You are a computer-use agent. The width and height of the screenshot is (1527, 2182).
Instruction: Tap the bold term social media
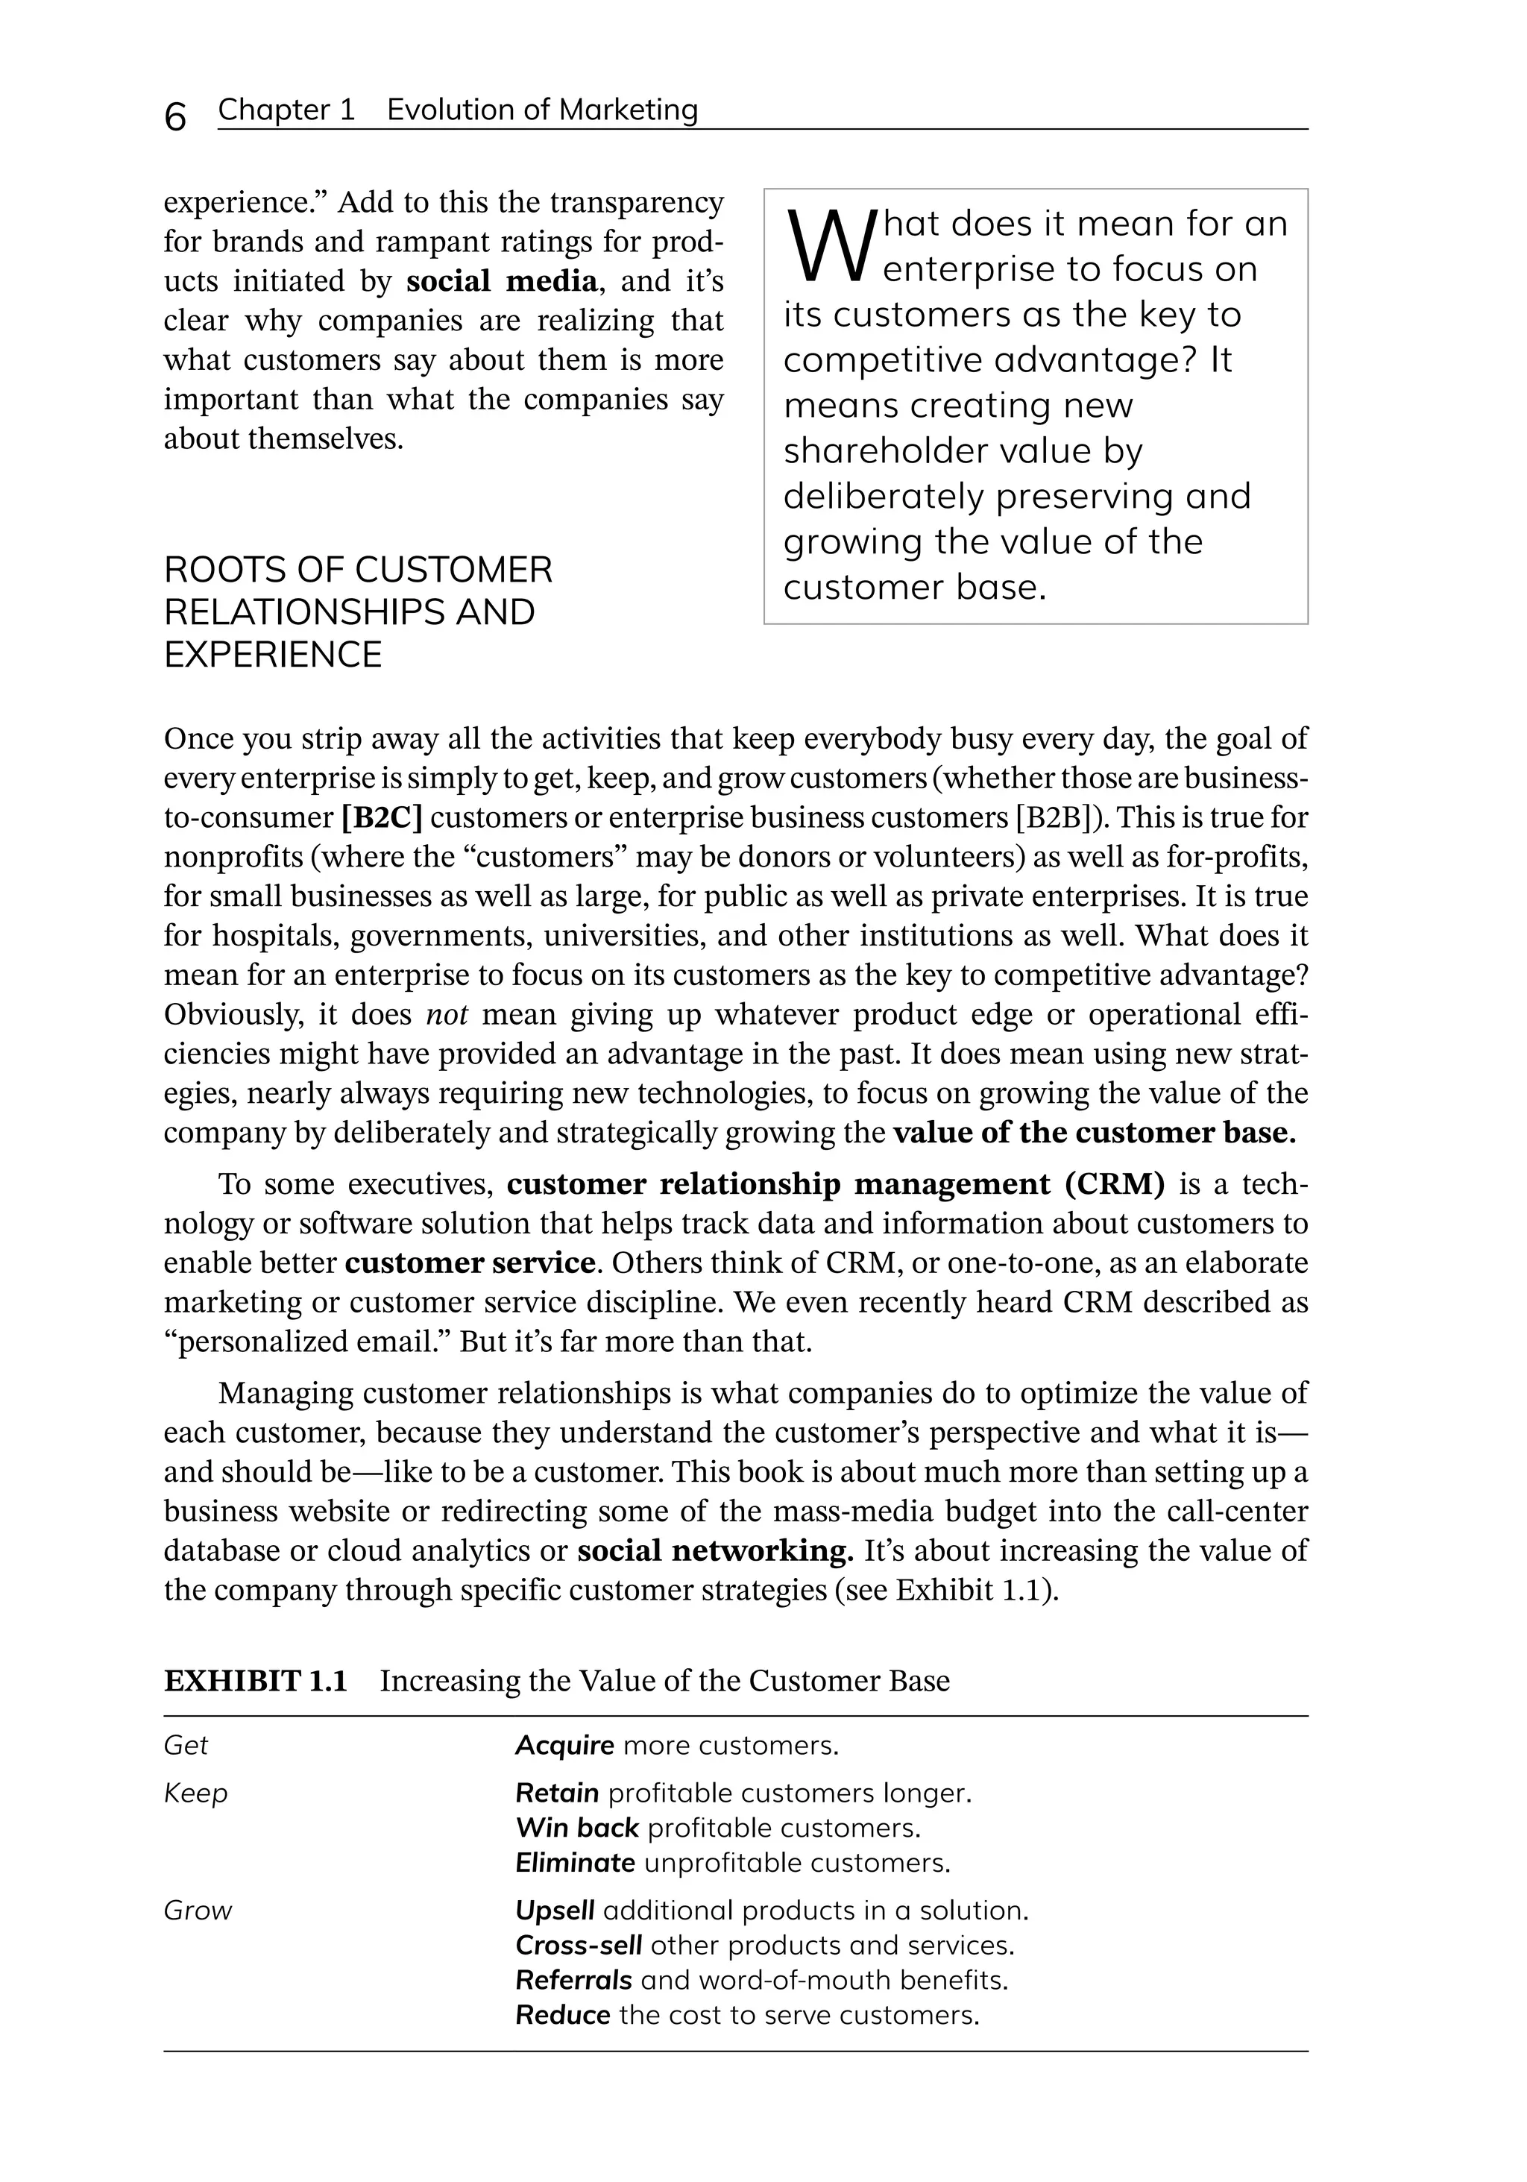point(503,281)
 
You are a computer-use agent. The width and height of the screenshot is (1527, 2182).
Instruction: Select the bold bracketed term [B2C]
point(381,818)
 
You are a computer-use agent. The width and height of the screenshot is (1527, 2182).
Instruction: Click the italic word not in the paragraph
point(447,1015)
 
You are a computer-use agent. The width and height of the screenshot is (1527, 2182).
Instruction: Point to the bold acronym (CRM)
point(1115,1184)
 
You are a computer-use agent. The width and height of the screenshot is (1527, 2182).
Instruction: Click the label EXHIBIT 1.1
point(256,1681)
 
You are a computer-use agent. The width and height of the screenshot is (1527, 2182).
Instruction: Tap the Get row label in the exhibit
point(186,1746)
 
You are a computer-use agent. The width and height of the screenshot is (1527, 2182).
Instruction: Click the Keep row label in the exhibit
point(196,1793)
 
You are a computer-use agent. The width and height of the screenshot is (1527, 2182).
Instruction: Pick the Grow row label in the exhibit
point(198,1911)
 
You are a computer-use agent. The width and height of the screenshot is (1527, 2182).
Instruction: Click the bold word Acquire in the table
point(564,1746)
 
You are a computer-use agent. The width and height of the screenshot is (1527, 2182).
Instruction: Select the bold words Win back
point(577,1828)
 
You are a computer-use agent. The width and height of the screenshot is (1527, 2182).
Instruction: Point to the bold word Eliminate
point(575,1863)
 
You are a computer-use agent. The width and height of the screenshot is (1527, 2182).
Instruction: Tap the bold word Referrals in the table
point(573,1981)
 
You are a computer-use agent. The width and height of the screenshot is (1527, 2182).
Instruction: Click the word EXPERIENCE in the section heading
point(273,655)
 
